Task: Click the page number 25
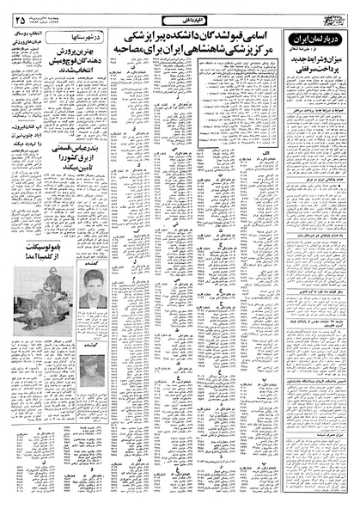[20, 19]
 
